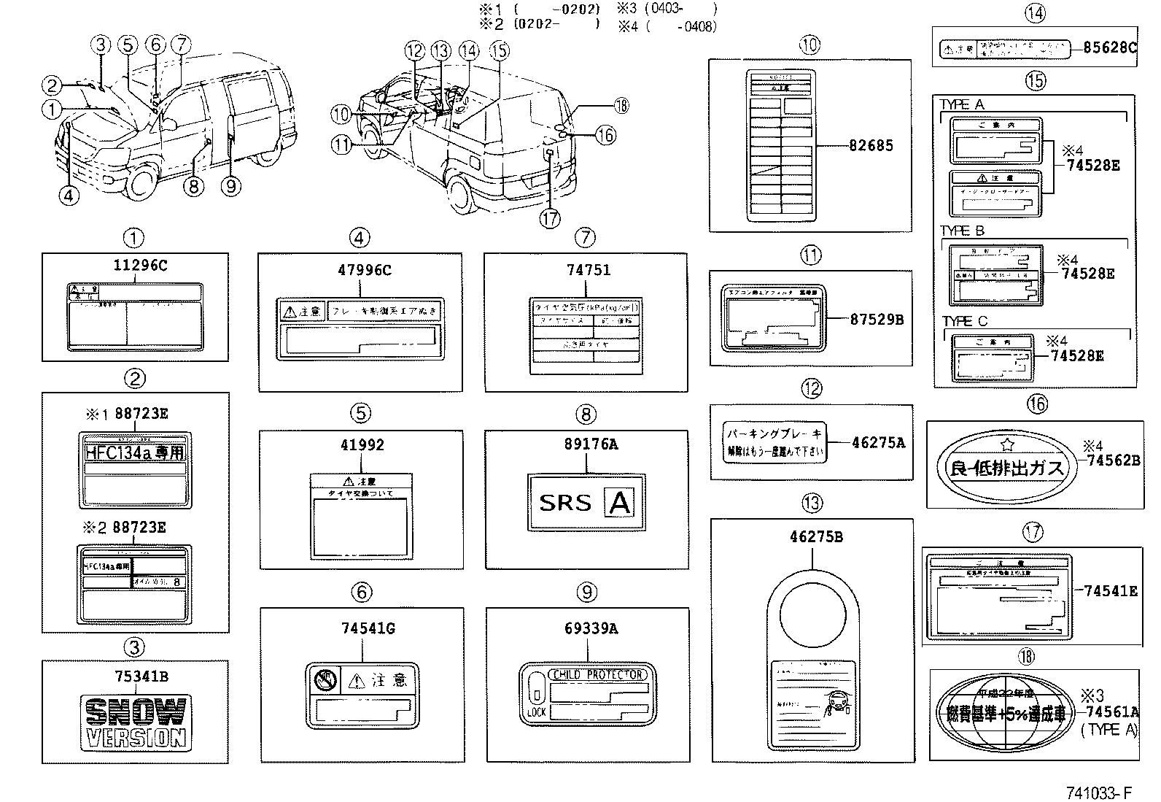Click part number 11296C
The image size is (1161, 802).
[x=135, y=266]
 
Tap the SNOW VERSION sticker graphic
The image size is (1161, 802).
[x=135, y=722]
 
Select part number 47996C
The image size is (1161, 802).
[x=364, y=270]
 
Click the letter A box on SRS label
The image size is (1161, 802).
[x=620, y=503]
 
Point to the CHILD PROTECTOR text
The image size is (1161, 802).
[x=598, y=675]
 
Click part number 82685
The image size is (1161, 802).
[x=871, y=145]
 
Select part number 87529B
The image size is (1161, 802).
[x=877, y=319]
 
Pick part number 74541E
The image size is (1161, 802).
[x=1110, y=590]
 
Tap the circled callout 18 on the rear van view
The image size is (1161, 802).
[x=621, y=106]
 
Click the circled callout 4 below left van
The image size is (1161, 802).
[x=69, y=196]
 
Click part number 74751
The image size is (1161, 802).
[x=589, y=270]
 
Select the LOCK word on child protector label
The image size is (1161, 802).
[x=535, y=712]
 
